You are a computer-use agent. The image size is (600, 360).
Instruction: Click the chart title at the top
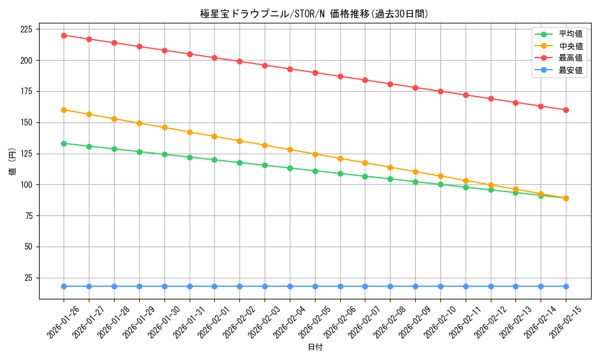point(314,14)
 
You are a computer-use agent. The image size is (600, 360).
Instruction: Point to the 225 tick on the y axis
point(27,29)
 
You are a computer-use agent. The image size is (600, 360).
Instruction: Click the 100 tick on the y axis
point(27,185)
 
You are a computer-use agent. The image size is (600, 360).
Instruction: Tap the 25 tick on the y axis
point(29,278)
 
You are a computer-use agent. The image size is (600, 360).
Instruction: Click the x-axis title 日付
point(314,347)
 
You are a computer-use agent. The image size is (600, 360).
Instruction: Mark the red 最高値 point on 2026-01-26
point(64,35)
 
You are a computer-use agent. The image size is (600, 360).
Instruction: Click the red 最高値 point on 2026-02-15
point(566,110)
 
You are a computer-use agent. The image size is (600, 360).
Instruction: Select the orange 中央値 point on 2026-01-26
point(64,110)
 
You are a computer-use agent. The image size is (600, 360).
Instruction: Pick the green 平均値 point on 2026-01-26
point(64,143)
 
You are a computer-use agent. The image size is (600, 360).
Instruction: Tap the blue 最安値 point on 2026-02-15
point(566,286)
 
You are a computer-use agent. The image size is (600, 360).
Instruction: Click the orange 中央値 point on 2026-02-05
point(315,154)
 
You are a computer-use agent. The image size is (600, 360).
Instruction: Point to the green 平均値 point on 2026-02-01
point(214,160)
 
